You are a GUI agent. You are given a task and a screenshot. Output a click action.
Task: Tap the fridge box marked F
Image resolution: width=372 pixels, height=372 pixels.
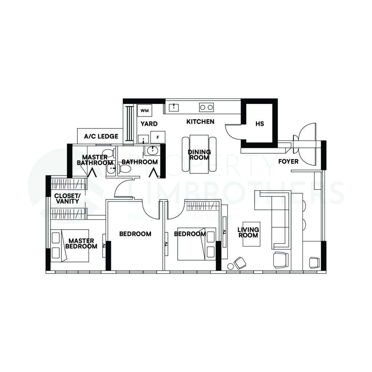tap(158, 137)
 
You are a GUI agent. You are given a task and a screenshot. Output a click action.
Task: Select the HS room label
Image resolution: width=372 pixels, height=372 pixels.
tap(259, 124)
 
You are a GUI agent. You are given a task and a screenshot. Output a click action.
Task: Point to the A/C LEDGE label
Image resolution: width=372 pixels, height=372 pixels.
tap(101, 137)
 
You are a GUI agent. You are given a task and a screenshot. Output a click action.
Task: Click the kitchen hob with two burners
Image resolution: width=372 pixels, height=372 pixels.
tap(206, 107)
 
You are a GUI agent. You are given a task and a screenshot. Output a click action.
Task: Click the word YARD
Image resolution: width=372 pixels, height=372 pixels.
tap(149, 124)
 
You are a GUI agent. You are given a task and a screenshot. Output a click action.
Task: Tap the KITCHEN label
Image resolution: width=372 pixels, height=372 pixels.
tap(200, 122)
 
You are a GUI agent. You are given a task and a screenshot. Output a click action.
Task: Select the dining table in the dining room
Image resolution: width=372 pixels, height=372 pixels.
tap(199, 154)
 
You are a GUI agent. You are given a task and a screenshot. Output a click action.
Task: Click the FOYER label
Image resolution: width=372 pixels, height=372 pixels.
tap(288, 161)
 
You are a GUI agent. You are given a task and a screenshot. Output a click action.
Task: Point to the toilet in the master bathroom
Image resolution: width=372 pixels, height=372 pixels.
tap(108, 153)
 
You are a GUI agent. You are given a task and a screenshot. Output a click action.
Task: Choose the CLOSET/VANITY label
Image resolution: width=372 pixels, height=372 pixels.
tap(67, 198)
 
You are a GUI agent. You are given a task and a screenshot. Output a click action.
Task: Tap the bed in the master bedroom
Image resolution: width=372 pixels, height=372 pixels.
tap(70, 245)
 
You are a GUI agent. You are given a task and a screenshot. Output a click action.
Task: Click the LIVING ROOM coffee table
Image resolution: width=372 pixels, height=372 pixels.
tap(251, 234)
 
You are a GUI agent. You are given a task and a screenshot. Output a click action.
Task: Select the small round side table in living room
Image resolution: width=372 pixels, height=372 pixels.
tap(230, 267)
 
